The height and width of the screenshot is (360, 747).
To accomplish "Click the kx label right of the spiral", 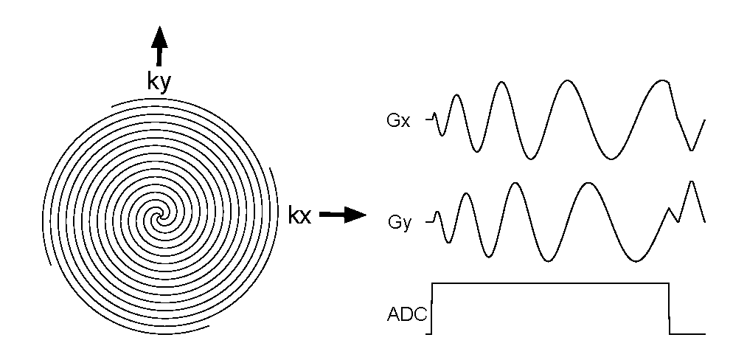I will point(302,216).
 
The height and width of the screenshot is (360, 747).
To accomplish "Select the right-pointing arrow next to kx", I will point(344,215).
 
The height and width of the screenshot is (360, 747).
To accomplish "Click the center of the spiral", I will point(157,217).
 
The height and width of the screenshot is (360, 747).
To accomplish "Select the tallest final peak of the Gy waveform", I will point(692,181).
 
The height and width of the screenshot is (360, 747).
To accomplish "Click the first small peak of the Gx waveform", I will point(456,95).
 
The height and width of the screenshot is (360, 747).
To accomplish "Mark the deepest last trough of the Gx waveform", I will point(691,150).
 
